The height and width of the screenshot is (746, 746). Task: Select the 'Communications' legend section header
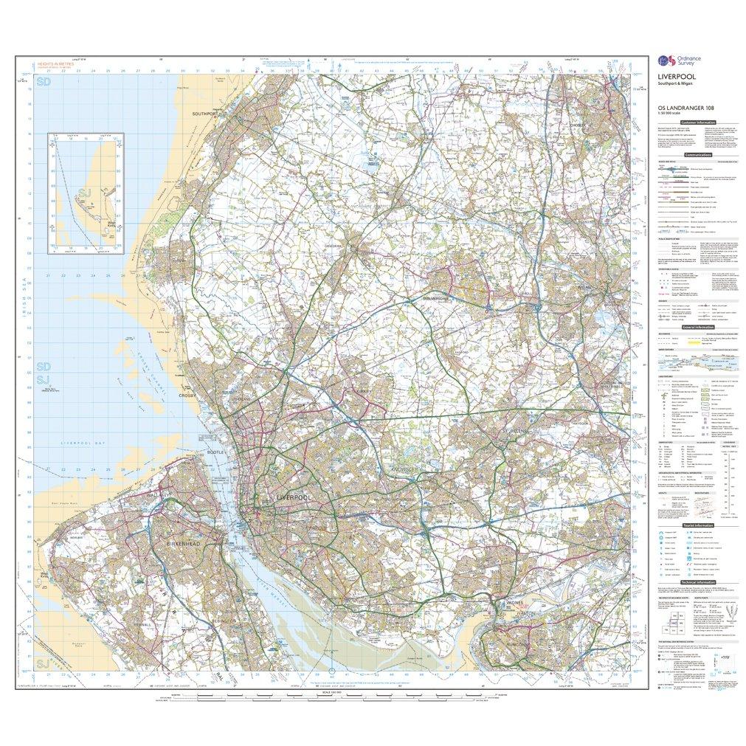click(x=697, y=156)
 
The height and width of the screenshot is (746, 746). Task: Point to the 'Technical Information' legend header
click(x=697, y=582)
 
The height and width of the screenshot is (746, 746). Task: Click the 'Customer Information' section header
click(x=697, y=122)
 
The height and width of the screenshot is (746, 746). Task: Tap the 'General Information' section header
click(x=697, y=327)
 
